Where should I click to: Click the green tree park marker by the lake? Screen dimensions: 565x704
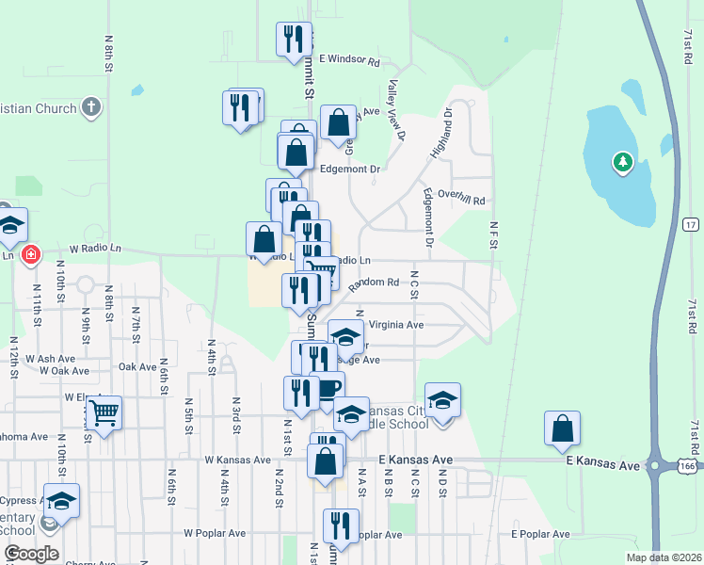pos(621,163)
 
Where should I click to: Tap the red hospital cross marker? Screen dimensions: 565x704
pos(30,254)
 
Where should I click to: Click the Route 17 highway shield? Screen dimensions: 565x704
pos(690,225)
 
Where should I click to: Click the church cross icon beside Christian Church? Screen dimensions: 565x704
pos(91,106)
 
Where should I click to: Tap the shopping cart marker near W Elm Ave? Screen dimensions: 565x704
pos(104,412)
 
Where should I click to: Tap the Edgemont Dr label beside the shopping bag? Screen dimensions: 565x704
pos(349,169)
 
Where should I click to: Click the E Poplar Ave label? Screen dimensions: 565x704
pos(540,534)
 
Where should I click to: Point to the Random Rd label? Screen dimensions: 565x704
pos(374,282)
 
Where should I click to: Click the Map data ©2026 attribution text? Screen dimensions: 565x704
pos(664,557)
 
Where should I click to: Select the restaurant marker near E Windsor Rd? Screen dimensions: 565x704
pos(293,39)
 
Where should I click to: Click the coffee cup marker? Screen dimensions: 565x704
pos(327,387)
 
